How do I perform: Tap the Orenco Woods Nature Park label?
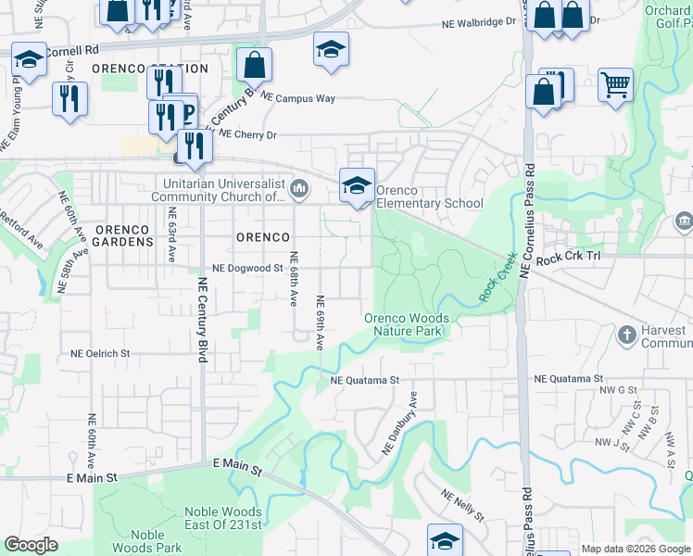pyautogui.click(x=407, y=325)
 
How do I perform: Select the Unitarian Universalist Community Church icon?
pyautogui.click(x=299, y=190)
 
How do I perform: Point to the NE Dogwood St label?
pyautogui.click(x=246, y=268)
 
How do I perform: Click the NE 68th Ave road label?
pyautogui.click(x=294, y=280)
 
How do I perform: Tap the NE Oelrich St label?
pyautogui.click(x=101, y=353)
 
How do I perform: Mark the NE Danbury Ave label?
pyautogui.click(x=401, y=423)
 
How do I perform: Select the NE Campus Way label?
pyautogui.click(x=298, y=96)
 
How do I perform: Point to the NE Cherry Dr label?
pyautogui.click(x=246, y=134)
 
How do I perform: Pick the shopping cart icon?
pyautogui.click(x=615, y=86)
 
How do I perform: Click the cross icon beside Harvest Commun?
pyautogui.click(x=626, y=334)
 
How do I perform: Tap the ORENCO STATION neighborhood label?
pyautogui.click(x=157, y=69)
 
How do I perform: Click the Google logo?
pyautogui.click(x=31, y=545)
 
